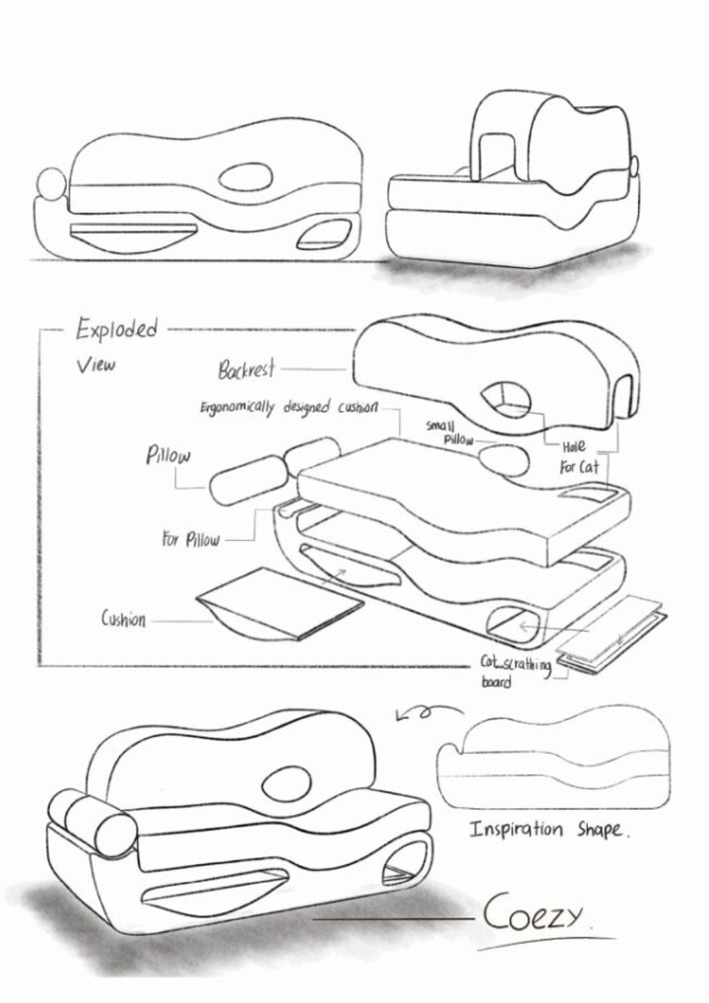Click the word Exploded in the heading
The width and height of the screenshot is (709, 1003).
pyautogui.click(x=116, y=329)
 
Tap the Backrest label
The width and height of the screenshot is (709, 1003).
pyautogui.click(x=247, y=369)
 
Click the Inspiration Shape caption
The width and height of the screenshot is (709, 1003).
pyautogui.click(x=548, y=830)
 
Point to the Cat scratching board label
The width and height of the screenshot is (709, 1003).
pyautogui.click(x=515, y=671)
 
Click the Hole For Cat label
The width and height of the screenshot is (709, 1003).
pyautogui.click(x=580, y=457)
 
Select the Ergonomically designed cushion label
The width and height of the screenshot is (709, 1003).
pyautogui.click(x=289, y=408)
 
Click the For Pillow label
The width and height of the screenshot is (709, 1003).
pyautogui.click(x=190, y=539)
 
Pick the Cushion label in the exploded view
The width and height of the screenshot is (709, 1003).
pyautogui.click(x=123, y=619)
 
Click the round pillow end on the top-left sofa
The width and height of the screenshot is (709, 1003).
pyautogui.click(x=51, y=184)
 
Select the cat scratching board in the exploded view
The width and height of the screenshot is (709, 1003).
pyautogui.click(x=612, y=634)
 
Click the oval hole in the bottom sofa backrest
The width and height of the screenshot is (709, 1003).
pyautogui.click(x=287, y=783)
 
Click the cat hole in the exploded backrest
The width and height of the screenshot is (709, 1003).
pyautogui.click(x=505, y=400)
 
